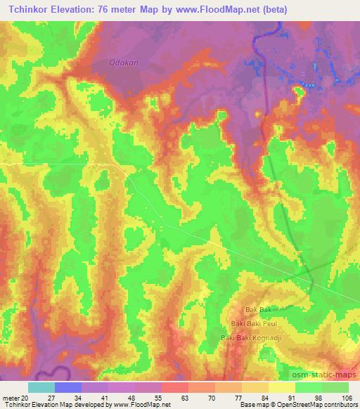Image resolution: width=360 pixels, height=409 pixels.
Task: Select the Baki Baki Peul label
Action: pos(250,323)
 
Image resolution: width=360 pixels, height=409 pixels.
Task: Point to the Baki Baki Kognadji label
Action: pos(250,338)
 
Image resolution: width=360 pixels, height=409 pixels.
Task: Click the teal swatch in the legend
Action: pos(41,387)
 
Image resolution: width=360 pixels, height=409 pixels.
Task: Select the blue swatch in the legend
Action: pos(68,387)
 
